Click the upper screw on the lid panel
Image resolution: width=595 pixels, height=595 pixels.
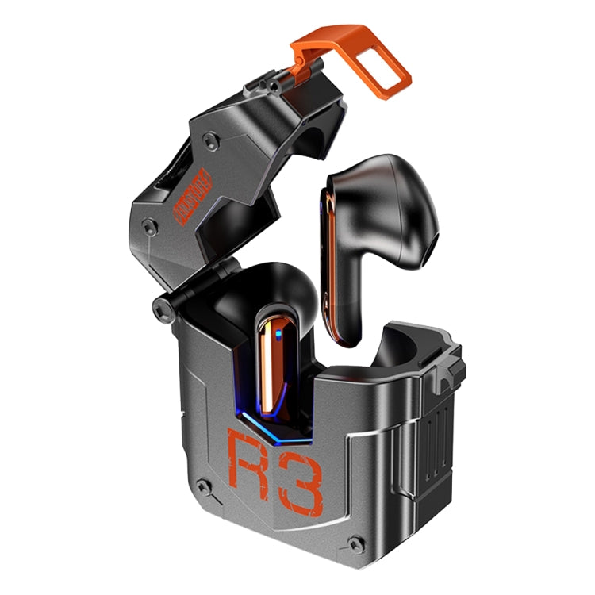[x=209, y=141]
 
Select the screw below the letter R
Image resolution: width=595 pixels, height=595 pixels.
[x=205, y=487]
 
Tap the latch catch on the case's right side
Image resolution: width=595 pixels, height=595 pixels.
[x=447, y=365]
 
